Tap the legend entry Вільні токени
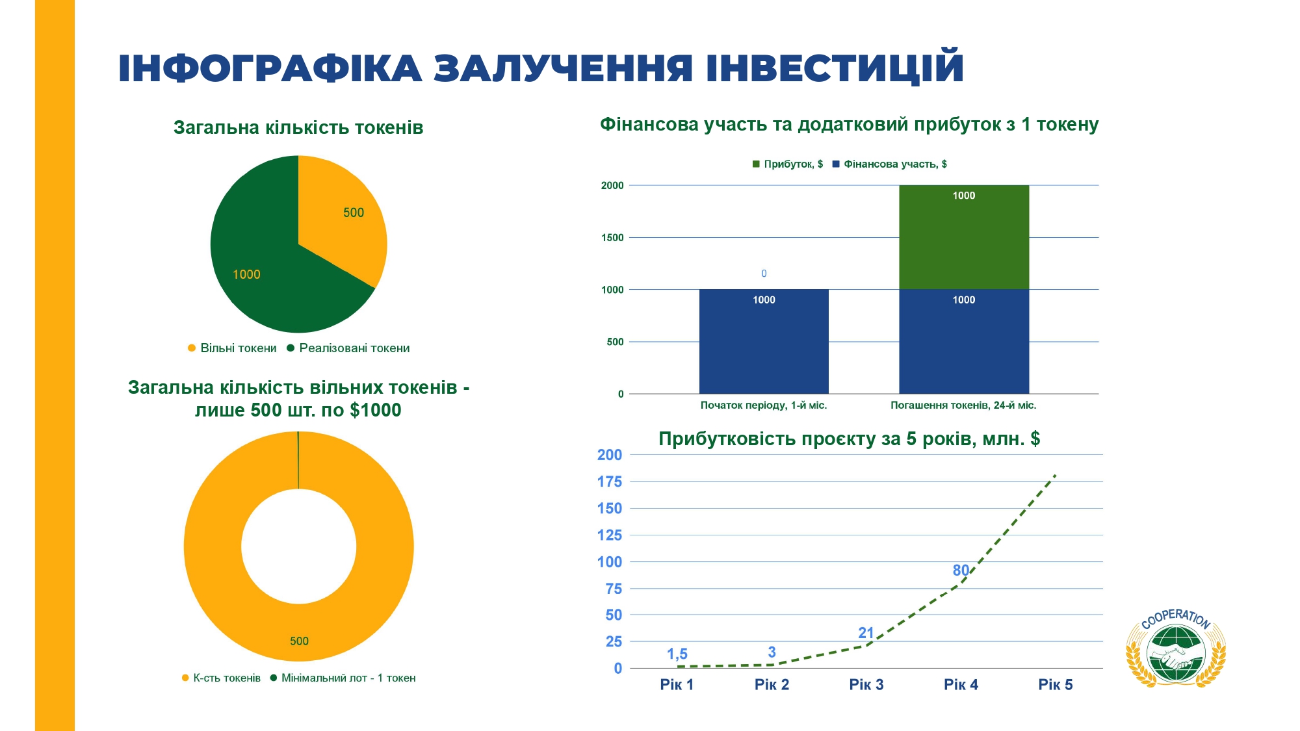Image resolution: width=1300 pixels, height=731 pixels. coord(232,348)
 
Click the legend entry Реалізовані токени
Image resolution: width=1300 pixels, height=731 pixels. coord(348,348)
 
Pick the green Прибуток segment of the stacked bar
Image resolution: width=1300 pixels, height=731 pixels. coord(964,237)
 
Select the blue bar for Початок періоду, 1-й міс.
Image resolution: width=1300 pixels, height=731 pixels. coord(764,341)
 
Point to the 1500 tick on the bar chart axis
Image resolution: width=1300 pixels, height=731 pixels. coord(612,238)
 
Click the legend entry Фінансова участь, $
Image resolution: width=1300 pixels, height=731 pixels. coord(889,164)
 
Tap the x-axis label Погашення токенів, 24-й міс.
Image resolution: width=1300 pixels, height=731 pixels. coord(963,405)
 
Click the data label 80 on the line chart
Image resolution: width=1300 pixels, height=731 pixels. coord(961,571)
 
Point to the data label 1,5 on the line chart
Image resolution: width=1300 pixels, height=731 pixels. coord(677,654)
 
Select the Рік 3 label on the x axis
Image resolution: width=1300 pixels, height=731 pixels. coord(866,684)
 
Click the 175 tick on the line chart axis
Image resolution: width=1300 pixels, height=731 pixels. coord(610,481)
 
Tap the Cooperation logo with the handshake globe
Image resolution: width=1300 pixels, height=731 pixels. coord(1176,648)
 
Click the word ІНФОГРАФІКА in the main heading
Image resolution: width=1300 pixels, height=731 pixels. coord(270,68)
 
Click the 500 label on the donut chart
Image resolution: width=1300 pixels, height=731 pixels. coord(299,641)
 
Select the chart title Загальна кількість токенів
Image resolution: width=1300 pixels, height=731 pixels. coord(298,127)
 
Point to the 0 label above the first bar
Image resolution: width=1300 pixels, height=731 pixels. coord(764,274)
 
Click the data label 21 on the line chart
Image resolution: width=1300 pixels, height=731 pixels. coord(866,633)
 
